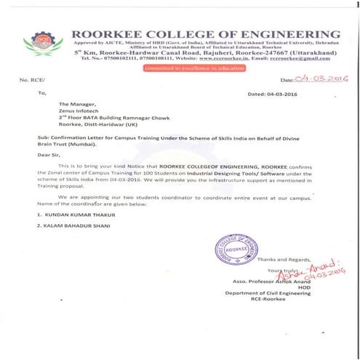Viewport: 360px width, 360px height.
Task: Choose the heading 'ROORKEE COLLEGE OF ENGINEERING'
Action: tap(206, 34)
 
